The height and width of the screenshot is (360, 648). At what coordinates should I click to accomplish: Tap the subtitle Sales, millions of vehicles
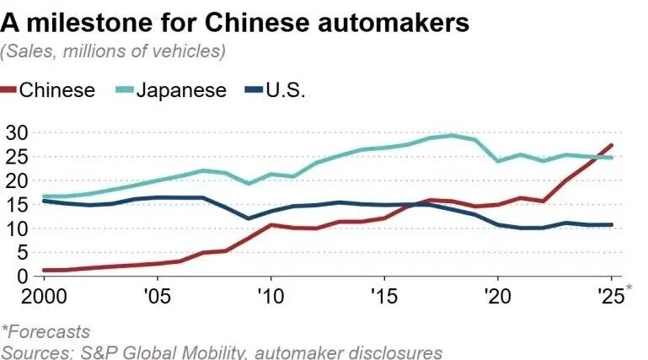114,51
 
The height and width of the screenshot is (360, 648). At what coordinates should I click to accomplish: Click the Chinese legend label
56,90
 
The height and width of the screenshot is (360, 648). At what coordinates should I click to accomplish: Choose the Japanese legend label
182,90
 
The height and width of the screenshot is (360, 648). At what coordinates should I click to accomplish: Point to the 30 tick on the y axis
17,132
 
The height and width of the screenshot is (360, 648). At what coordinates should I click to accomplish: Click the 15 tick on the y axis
17,205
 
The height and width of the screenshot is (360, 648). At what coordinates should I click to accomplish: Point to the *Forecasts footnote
46,332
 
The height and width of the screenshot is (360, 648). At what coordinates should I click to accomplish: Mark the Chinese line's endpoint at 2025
611,145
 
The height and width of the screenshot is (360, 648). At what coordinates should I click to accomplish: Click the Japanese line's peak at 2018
453,135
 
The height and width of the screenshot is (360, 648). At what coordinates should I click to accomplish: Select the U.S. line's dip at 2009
248,218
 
